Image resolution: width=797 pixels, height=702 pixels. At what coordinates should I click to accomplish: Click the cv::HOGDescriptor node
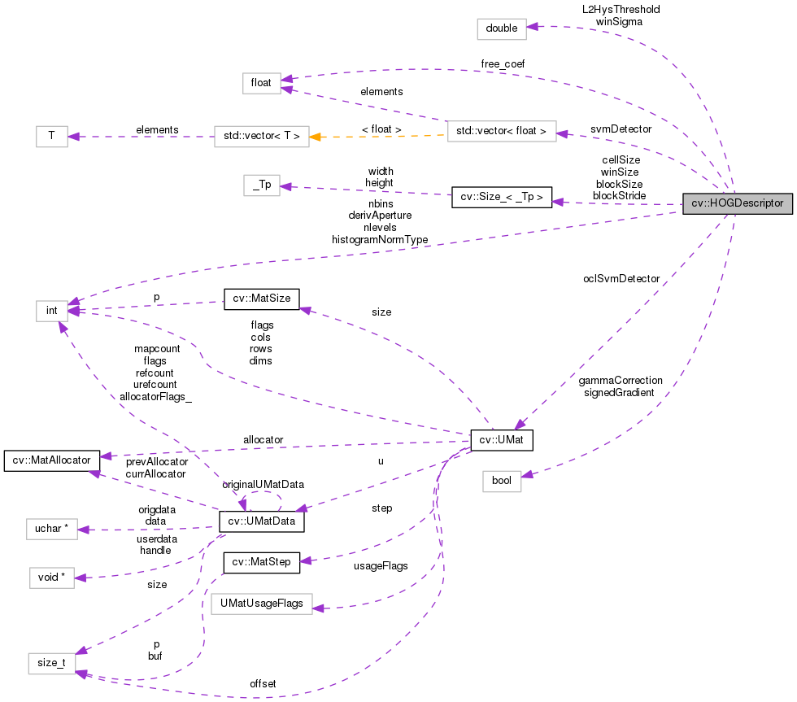coord(737,204)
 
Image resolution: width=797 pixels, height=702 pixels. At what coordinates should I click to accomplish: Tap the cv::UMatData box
coord(262,521)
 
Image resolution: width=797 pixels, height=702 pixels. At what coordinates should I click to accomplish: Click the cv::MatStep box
coord(262,561)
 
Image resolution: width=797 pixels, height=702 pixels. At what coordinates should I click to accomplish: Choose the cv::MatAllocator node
coord(52,460)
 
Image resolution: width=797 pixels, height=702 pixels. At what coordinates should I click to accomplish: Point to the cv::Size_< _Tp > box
coord(502,198)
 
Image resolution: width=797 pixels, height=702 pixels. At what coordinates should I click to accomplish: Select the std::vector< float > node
coord(502,130)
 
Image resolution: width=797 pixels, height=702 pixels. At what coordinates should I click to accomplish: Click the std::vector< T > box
coord(261,136)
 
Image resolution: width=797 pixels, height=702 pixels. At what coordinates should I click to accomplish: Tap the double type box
coord(502,28)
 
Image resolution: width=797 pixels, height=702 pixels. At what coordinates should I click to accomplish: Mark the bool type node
coord(502,481)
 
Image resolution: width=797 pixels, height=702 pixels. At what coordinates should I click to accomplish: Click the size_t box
coord(51,663)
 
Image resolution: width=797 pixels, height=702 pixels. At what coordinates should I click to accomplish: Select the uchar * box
coord(51,530)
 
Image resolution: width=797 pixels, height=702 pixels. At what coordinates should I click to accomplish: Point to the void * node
coord(51,578)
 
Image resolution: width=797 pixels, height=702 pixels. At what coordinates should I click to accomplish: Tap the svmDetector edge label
coord(621,129)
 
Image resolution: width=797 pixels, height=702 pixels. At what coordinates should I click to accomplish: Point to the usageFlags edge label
coord(381,565)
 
